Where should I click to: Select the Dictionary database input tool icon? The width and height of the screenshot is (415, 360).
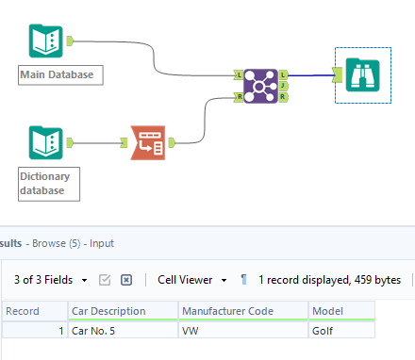coord(43,143)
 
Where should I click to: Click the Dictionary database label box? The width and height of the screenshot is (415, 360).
coord(49,183)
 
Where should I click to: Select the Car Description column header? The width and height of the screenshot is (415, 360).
coord(108,311)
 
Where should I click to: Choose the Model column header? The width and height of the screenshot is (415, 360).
coord(328,311)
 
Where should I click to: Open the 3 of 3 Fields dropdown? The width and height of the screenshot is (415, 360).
coord(51,280)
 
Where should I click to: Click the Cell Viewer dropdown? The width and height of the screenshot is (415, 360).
coord(192,280)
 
